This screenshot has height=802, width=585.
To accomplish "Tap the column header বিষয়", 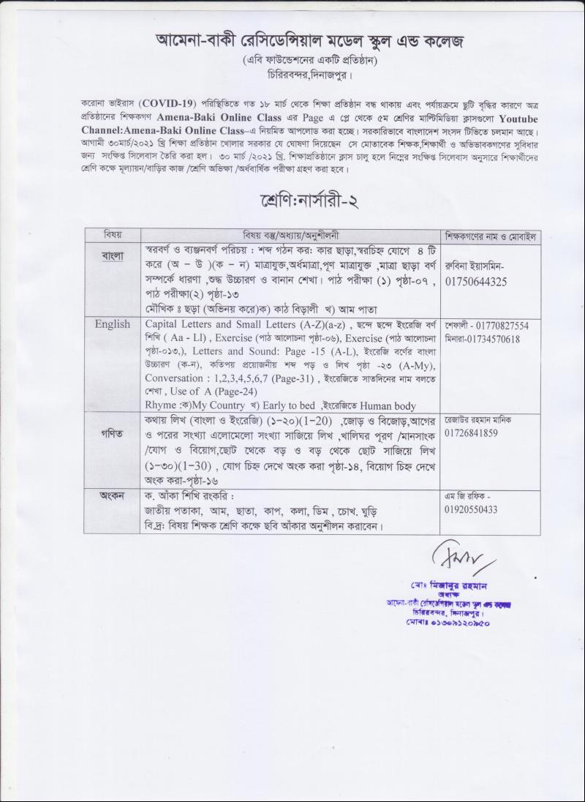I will (x=113, y=236).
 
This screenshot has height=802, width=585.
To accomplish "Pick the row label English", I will (x=113, y=323).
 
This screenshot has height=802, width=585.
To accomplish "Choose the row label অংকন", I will (x=113, y=495).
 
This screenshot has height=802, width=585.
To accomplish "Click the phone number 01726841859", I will (x=476, y=433).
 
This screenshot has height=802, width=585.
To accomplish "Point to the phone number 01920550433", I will (x=476, y=509).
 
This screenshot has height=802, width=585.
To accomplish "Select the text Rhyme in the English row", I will (x=162, y=405).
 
